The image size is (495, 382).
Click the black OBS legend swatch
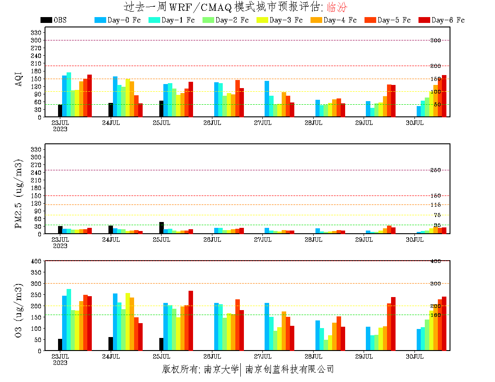click(x=46, y=20)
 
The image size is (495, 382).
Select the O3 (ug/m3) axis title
click(x=19, y=310)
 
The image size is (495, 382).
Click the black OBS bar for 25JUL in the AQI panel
click(x=162, y=109)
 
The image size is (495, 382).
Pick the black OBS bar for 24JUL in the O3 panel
click(x=111, y=344)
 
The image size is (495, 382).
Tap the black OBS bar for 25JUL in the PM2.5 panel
click(x=162, y=228)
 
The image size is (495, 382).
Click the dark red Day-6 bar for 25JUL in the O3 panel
click(x=191, y=320)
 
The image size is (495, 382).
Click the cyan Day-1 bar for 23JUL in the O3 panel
click(x=69, y=320)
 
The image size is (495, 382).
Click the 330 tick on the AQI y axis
click(x=36, y=32)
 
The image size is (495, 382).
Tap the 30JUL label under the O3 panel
click(x=415, y=356)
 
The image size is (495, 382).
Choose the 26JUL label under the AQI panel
click(x=212, y=122)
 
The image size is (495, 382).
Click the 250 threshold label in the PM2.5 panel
click(x=435, y=170)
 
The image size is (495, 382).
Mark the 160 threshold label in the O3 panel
click(x=435, y=315)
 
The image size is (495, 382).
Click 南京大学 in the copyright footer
click(x=220, y=369)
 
